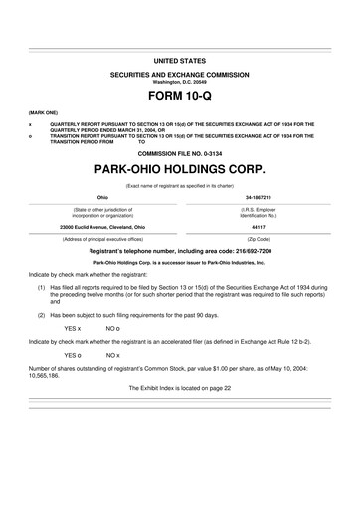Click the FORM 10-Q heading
click(x=181, y=99)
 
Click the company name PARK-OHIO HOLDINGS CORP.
click(x=181, y=170)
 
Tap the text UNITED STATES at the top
click(x=181, y=62)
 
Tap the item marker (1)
click(x=41, y=285)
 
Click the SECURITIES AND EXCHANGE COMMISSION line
click(x=181, y=75)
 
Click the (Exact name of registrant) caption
click(x=181, y=185)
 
